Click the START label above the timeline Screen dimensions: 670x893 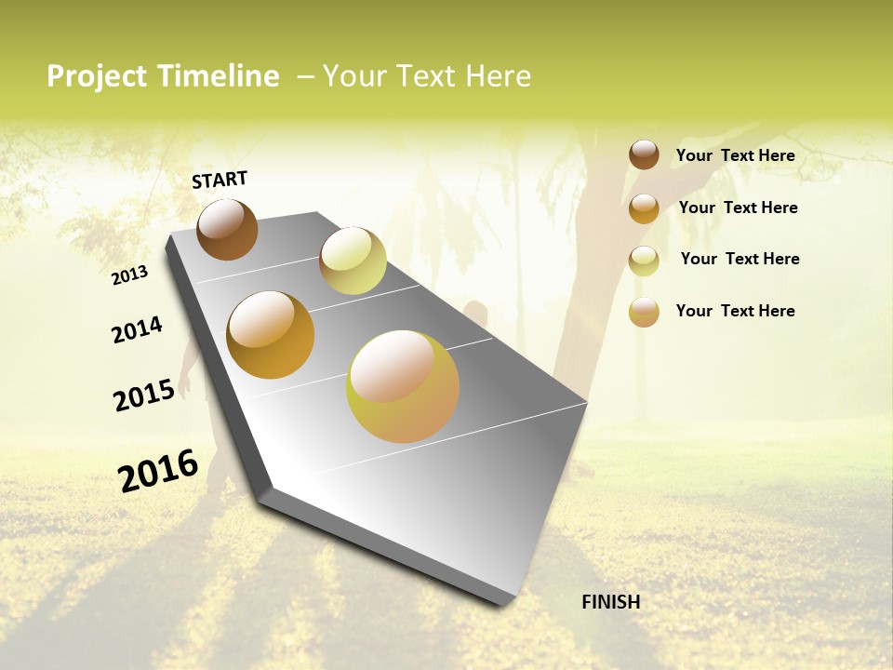(220, 180)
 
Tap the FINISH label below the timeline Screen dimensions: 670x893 (610, 602)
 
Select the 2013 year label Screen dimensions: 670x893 (130, 275)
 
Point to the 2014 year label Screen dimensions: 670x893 (137, 329)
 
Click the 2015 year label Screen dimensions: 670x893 (144, 395)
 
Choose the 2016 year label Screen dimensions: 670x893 (158, 471)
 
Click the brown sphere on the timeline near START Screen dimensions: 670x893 (227, 229)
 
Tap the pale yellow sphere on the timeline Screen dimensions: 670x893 (353, 261)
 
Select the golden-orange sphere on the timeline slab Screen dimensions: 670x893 (271, 335)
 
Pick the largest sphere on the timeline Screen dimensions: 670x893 (403, 386)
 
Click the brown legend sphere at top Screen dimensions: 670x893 (644, 154)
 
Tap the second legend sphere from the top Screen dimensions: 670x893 (644, 208)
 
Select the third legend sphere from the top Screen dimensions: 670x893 (644, 261)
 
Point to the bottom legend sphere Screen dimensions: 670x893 (644, 312)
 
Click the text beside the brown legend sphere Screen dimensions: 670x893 (735, 155)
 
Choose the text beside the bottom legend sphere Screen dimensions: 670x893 (735, 311)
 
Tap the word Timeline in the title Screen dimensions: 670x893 (219, 76)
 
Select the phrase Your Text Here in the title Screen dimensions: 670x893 (427, 76)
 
